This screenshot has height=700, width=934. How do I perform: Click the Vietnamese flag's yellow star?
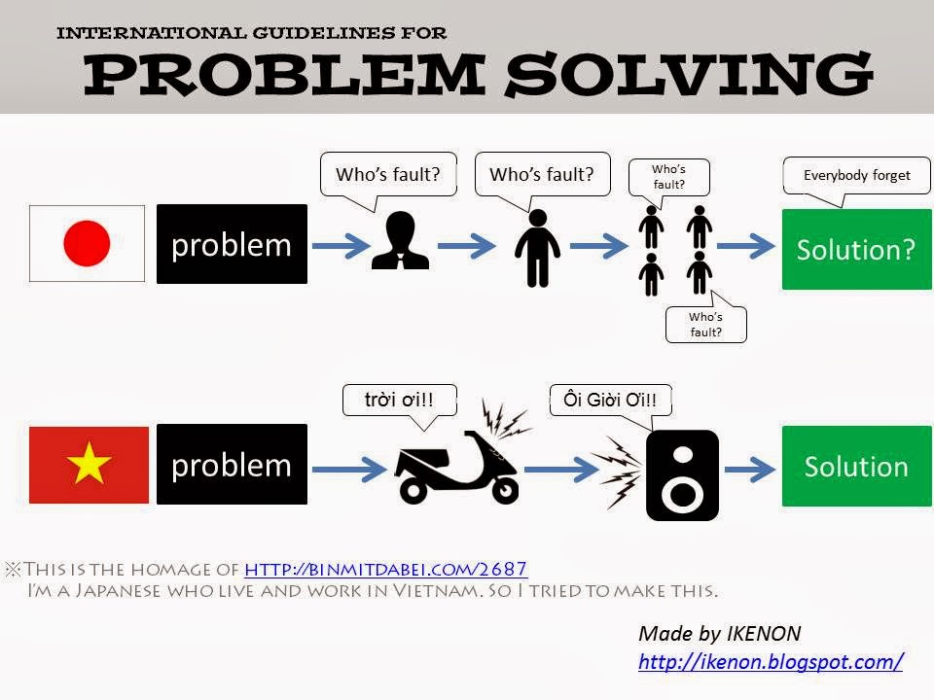pos(89,467)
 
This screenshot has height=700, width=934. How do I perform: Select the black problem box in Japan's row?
pos(232,244)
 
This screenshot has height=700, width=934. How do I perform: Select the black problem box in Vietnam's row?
pos(232,465)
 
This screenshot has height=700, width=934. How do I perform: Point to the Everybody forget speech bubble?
pos(856,176)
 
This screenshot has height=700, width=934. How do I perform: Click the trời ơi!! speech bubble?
pos(399,400)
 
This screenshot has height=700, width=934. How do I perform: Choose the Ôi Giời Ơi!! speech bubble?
pos(610,400)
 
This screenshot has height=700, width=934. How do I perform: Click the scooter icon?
pos(455,467)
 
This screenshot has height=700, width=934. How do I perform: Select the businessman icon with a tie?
pos(401,241)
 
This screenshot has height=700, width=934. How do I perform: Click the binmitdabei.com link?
pos(385,569)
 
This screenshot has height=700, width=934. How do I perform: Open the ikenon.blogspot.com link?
pos(771,662)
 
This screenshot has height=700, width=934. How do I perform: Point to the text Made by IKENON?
pos(719,634)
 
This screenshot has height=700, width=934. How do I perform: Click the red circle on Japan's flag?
pos(87,243)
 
